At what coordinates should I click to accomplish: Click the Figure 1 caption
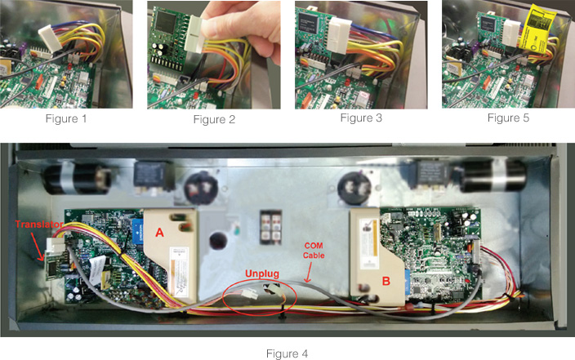(x=66, y=119)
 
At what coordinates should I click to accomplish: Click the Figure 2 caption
(x=214, y=119)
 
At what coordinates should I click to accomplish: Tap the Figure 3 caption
(x=361, y=118)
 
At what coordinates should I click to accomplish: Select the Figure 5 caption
(x=508, y=118)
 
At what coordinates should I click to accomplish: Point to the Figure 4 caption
(x=287, y=353)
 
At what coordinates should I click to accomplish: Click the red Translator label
(x=39, y=224)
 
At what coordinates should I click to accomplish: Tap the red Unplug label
(x=262, y=273)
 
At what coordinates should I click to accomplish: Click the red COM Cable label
(x=314, y=251)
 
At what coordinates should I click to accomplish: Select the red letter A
(x=159, y=233)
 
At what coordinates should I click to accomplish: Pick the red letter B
(x=386, y=281)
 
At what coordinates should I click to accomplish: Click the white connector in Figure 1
(x=51, y=38)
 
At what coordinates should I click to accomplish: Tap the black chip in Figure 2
(x=164, y=21)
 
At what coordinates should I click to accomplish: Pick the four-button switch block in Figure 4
(x=270, y=227)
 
